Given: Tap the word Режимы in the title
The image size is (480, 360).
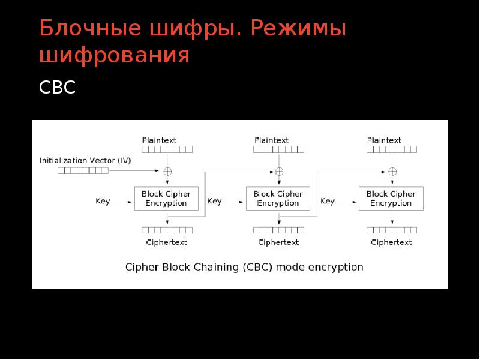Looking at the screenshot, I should (299, 29).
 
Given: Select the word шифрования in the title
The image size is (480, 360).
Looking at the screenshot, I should (115, 56).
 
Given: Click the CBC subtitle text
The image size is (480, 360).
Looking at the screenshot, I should (57, 88).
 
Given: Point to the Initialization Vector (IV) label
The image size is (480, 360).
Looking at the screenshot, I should (85, 160).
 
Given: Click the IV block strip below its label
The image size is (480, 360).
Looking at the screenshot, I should (83, 170).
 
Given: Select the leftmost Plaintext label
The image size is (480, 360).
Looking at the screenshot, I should (160, 140).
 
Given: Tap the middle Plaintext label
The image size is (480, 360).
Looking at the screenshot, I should (271, 140).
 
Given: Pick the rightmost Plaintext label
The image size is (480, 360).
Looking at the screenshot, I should (384, 140).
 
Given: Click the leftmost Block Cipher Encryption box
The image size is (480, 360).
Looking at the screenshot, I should (166, 199).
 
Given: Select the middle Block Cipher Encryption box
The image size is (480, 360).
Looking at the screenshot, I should (278, 199).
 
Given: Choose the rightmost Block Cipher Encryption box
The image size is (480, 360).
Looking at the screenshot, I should (391, 199).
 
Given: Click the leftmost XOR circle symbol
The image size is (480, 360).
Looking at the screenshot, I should (167, 171).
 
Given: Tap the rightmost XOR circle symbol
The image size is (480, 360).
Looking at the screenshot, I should (392, 171).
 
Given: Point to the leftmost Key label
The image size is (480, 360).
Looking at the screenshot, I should (103, 202).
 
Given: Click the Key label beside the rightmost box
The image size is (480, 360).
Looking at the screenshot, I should (328, 202).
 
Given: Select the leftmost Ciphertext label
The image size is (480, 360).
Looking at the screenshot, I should (166, 242).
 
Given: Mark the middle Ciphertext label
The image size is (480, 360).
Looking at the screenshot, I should (278, 242).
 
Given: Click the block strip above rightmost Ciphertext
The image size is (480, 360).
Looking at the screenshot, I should (391, 230).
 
